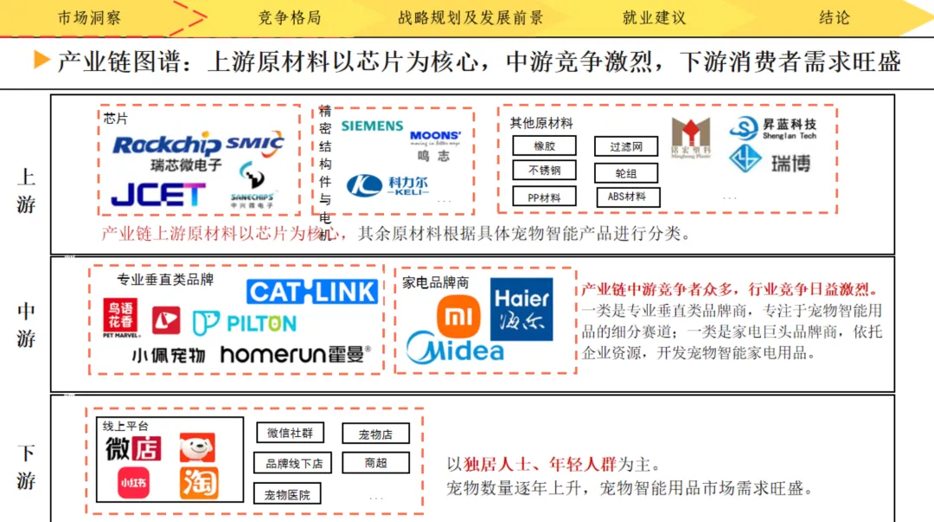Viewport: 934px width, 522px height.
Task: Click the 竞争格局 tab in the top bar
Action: coord(289,17)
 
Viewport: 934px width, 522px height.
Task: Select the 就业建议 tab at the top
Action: coord(654,17)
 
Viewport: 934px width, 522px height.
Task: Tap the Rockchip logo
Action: coord(167,145)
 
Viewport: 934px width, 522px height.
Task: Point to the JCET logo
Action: coord(158,194)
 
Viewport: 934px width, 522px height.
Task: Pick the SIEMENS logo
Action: coord(372,126)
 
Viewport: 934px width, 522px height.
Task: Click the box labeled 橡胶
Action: coord(544,146)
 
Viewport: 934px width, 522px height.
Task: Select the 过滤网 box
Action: coord(626,147)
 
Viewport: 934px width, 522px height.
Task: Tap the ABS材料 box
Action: coord(628,197)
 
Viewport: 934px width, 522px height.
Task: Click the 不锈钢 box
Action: coord(544,171)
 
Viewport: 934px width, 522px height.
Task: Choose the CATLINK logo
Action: coord(312,292)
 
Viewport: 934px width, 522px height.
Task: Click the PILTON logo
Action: coord(245,324)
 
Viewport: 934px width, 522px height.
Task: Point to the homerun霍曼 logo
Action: coord(295,354)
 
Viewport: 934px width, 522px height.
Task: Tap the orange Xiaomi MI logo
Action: coord(458,318)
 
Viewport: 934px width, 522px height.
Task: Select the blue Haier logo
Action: coord(521,309)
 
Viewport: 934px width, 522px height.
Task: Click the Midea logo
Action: coord(455,350)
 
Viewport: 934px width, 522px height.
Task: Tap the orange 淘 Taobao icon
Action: coord(199,483)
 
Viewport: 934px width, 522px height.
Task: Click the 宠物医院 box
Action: coord(287,495)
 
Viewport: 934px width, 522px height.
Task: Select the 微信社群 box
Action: coord(290,433)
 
